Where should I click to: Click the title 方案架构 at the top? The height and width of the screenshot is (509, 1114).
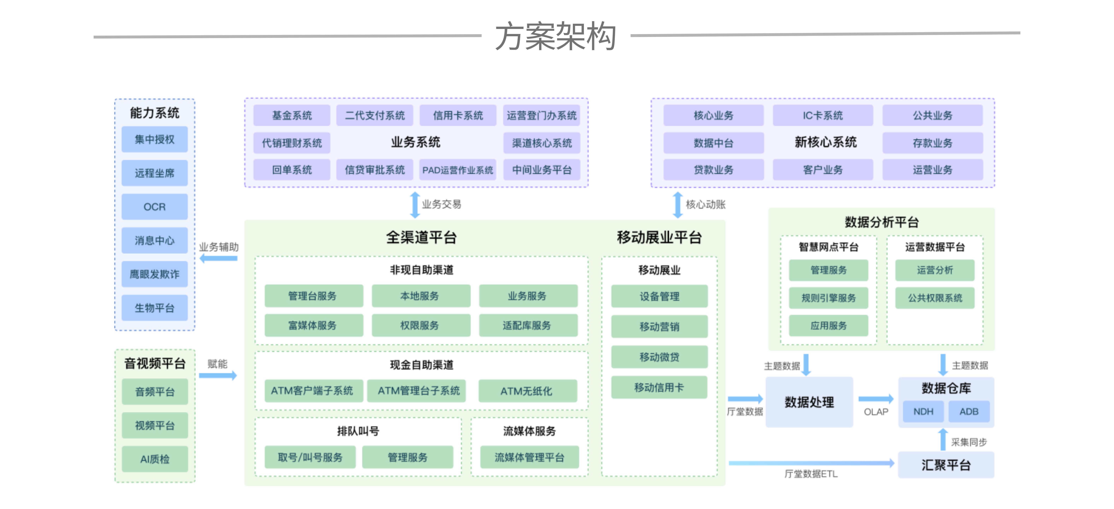[556, 37]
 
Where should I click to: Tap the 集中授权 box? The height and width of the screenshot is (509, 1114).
[154, 139]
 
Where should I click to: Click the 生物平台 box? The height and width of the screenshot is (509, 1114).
[154, 308]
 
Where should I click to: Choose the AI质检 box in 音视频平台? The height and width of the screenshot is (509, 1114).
[154, 459]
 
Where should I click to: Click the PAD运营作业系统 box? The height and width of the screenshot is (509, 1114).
[458, 170]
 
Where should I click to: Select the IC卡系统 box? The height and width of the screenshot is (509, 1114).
[823, 115]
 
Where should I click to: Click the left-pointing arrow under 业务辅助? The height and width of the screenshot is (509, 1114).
[218, 258]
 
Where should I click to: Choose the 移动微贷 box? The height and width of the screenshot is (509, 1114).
[659, 357]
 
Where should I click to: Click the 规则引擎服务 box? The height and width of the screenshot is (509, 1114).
[828, 298]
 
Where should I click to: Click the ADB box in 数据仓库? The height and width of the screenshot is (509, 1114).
[969, 411]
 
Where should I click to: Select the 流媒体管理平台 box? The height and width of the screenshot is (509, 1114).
[529, 457]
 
